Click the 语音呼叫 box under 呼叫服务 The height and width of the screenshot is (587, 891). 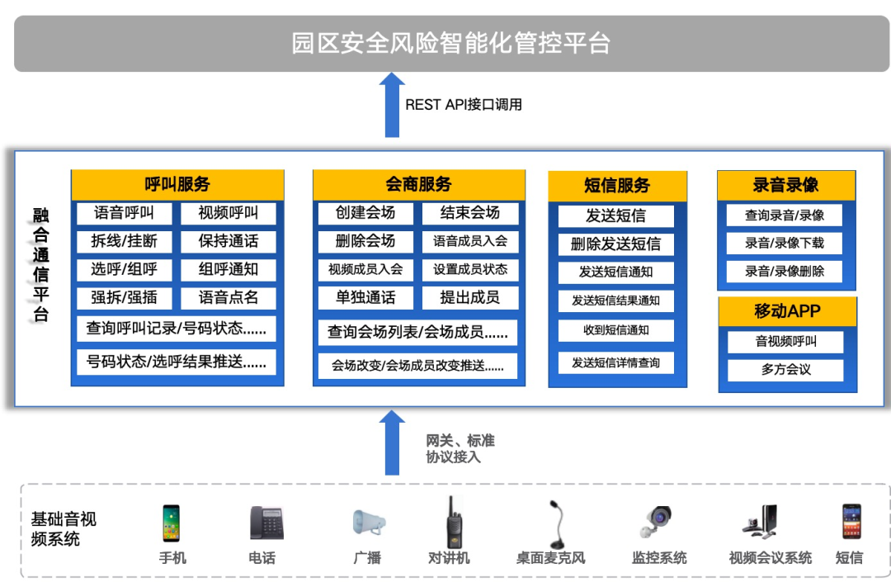click(x=124, y=213)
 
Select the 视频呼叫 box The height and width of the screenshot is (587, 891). click(x=228, y=213)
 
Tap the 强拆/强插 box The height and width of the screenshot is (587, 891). click(x=124, y=297)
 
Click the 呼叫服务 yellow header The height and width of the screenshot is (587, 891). click(x=177, y=184)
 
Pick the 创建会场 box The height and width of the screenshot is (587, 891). click(x=365, y=213)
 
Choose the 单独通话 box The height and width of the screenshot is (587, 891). click(x=365, y=297)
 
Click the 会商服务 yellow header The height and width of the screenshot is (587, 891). click(x=419, y=184)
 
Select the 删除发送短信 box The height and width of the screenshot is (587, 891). click(x=615, y=244)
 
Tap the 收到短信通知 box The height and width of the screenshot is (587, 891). click(x=615, y=330)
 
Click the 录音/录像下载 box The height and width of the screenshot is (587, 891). click(x=784, y=243)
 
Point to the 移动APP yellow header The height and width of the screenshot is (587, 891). click(x=787, y=311)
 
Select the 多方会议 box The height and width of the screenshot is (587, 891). click(x=785, y=369)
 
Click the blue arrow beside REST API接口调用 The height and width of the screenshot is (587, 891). click(x=392, y=105)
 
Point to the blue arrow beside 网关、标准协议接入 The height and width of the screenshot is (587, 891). click(x=392, y=443)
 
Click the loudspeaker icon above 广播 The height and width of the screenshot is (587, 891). click(x=368, y=523)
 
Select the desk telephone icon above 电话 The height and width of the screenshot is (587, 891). click(x=266, y=523)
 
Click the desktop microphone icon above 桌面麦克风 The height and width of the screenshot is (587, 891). click(x=552, y=523)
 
